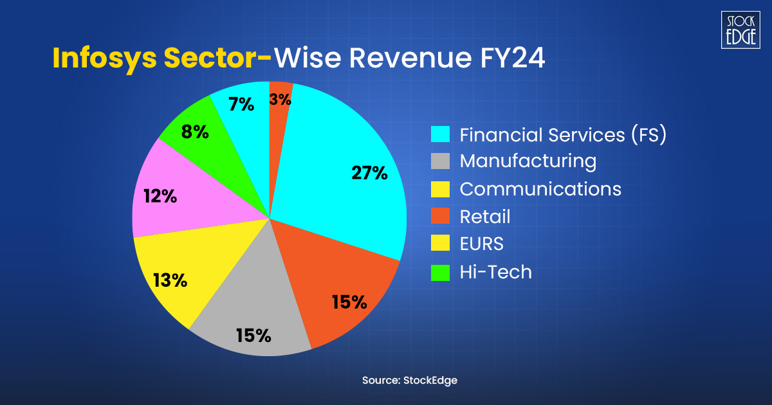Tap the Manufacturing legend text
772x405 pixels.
point(528,161)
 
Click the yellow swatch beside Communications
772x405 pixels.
point(440,190)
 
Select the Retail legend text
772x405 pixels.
point(484,217)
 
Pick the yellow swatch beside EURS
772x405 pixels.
point(440,245)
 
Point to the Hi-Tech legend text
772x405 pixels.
point(495,272)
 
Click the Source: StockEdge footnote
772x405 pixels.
point(409,381)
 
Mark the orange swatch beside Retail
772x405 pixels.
point(440,217)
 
